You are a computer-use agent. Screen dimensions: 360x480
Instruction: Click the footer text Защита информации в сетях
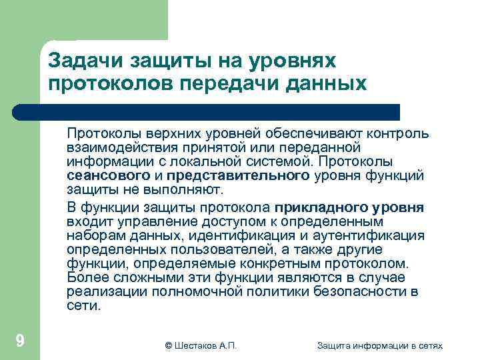pos(380,345)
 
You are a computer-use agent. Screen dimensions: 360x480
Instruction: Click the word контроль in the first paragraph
pos(392,133)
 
